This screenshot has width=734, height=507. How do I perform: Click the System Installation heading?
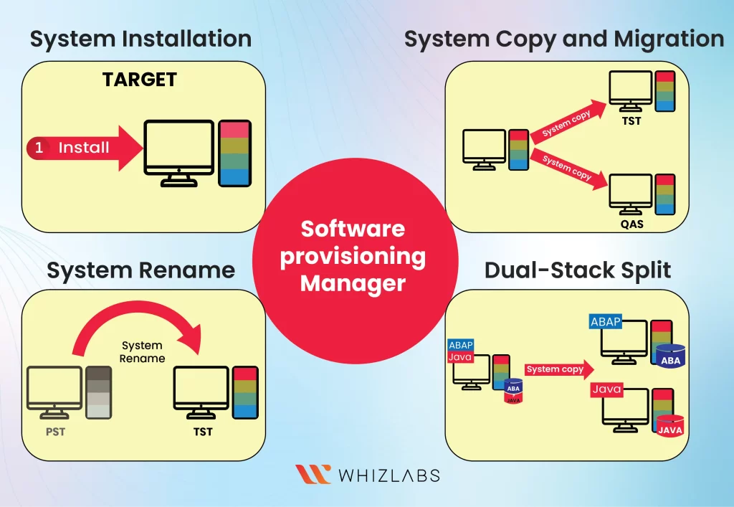[140, 39]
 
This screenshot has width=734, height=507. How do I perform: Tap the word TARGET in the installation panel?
[140, 80]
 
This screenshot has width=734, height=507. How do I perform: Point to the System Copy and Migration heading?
[564, 39]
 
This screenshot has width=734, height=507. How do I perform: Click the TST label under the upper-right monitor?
[631, 121]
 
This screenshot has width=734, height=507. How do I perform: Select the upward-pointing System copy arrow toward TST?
[567, 123]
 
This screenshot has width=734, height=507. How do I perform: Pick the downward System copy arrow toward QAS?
[567, 169]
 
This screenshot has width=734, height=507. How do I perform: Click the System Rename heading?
[141, 270]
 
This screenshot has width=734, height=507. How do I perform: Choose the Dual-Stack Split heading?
[578, 270]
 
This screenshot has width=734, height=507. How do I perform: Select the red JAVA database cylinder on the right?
[670, 425]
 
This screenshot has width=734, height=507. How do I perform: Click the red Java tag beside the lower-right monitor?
[606, 389]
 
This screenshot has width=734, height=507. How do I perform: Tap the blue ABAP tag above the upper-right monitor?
[606, 322]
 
